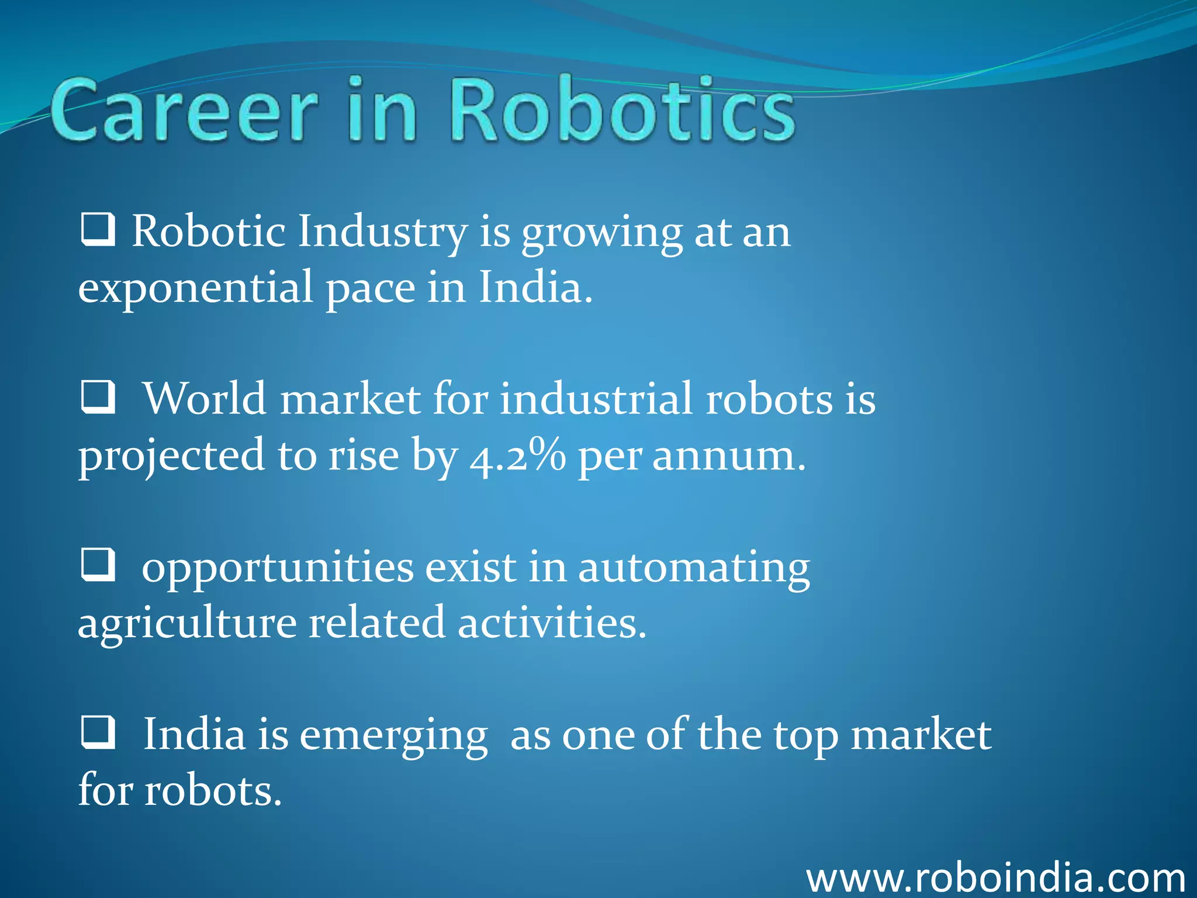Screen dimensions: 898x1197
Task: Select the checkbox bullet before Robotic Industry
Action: tap(97, 230)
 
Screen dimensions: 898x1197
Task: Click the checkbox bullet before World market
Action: tap(97, 398)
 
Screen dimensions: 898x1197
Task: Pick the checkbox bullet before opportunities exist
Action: tap(97, 565)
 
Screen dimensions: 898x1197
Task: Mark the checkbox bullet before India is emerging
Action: tap(97, 733)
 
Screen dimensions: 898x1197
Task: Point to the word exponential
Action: tap(196, 288)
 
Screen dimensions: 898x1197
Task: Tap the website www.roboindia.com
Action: tap(995, 878)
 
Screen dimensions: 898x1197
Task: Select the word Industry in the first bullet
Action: tap(383, 232)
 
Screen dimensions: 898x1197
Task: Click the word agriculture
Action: tap(187, 624)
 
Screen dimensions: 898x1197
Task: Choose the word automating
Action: tap(694, 568)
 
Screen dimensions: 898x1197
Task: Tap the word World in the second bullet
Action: tap(205, 399)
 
